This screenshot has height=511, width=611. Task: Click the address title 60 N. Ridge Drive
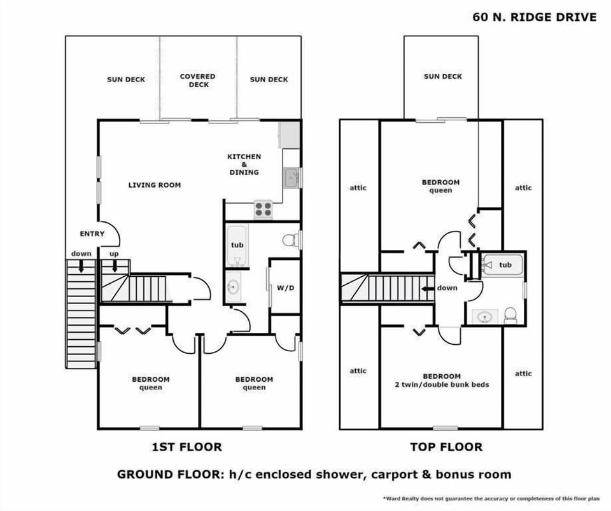535,17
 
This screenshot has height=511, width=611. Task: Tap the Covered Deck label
198,80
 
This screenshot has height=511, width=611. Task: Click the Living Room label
155,185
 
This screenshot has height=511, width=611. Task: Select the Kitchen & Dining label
244,164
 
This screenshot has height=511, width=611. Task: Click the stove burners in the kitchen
263,209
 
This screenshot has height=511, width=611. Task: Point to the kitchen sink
291,177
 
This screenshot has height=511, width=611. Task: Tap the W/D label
285,288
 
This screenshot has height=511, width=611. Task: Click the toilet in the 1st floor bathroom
291,241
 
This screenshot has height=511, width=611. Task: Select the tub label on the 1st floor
237,245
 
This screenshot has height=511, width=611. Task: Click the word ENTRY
92,234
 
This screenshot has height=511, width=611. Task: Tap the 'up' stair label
115,253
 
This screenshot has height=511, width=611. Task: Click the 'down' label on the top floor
447,288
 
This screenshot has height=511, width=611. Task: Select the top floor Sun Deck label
443,76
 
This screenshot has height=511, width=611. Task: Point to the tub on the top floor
502,265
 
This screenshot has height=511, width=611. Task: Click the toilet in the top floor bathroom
510,314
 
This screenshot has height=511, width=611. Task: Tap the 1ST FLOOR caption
186,447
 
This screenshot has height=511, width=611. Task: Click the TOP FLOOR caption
446,447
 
